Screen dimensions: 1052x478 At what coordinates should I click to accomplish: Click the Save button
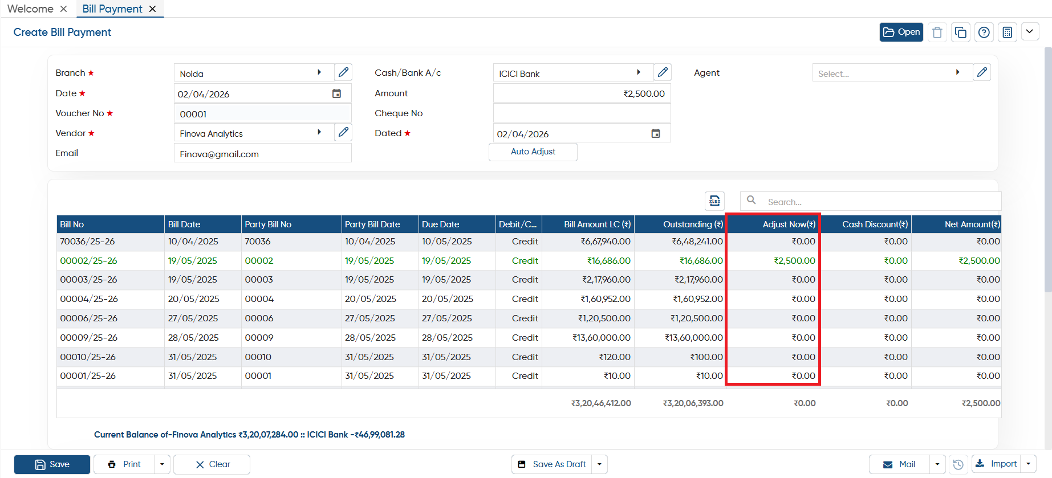coord(52,464)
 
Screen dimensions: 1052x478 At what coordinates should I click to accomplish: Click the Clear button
coord(212,464)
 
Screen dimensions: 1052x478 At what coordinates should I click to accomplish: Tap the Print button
coord(124,464)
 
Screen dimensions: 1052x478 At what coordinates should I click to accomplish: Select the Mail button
coord(899,464)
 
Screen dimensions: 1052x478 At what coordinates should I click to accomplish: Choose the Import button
coord(996,464)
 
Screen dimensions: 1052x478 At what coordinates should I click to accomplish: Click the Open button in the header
coord(901,32)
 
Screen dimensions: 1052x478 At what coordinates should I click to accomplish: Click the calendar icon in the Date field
coord(336,93)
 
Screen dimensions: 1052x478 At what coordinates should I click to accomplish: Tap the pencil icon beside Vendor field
coord(343,132)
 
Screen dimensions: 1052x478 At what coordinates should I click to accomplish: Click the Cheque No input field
coord(582,113)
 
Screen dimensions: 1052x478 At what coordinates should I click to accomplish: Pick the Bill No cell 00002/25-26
coord(88,260)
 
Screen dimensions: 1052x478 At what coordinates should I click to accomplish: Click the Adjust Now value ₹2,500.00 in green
coord(794,260)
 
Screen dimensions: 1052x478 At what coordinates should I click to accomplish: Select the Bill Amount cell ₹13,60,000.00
coord(602,337)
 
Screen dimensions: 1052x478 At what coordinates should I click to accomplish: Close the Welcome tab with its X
coord(63,9)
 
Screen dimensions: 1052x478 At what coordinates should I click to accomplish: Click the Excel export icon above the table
coord(714,201)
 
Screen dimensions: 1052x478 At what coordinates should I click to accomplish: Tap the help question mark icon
coord(984,32)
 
